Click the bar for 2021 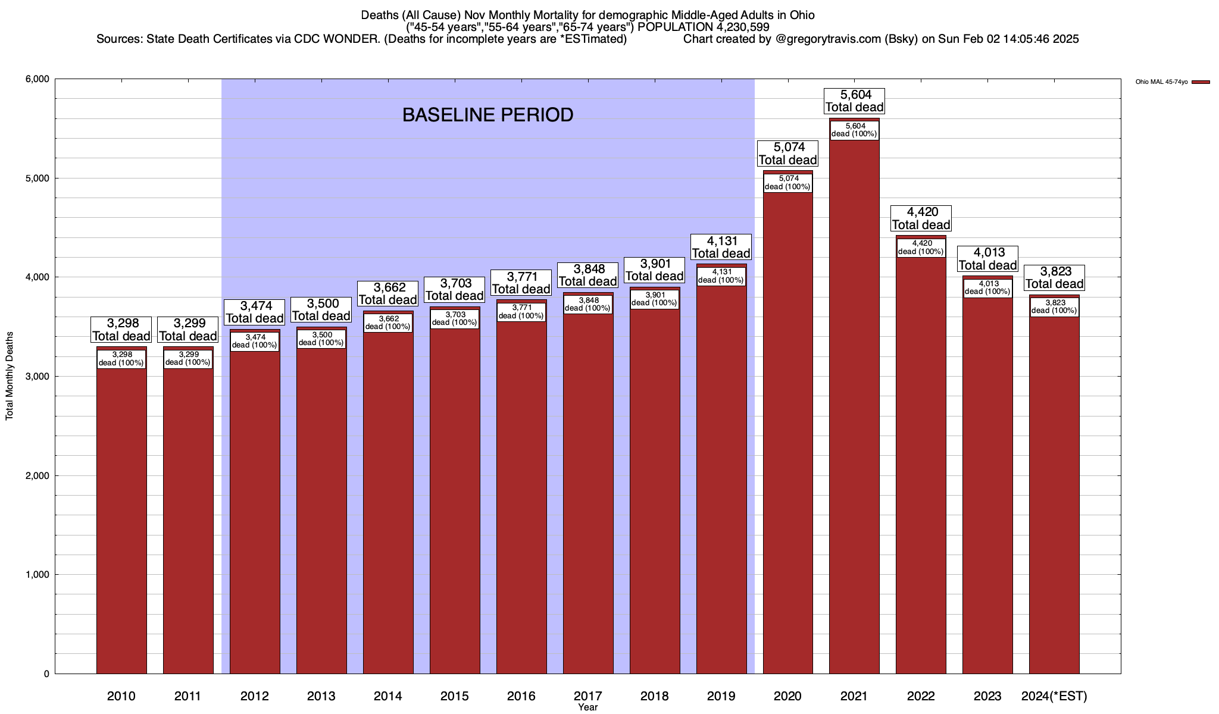click(x=854, y=416)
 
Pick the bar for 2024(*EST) click(x=1054, y=494)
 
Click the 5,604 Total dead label click(x=854, y=101)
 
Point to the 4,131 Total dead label click(x=721, y=247)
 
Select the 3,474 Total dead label click(x=255, y=312)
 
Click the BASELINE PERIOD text click(x=487, y=115)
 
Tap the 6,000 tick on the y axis click(x=37, y=79)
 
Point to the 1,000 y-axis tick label click(x=37, y=575)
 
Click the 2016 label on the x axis click(x=521, y=696)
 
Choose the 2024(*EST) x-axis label click(x=1054, y=696)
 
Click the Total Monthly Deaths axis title click(x=10, y=376)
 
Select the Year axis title click(x=587, y=707)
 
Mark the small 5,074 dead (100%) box click(x=787, y=182)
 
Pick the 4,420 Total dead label click(x=921, y=218)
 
